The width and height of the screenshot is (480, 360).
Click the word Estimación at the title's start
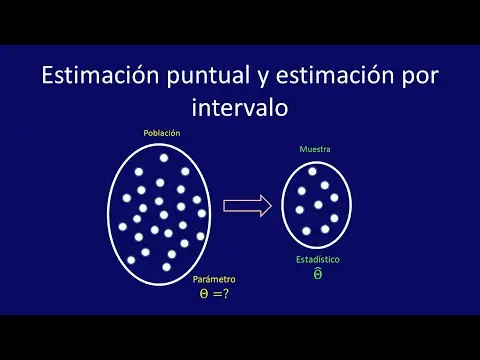point(100,75)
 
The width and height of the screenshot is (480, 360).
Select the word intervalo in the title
point(240,107)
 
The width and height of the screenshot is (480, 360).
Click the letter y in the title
point(263,79)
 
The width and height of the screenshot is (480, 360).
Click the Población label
point(162,133)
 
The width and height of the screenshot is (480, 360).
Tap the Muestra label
point(315,149)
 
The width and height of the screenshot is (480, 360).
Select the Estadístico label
point(318,259)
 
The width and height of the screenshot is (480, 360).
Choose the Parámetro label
point(214,279)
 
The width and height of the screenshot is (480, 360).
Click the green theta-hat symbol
point(318,274)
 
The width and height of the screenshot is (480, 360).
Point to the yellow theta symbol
point(204,293)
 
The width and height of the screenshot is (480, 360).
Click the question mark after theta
point(226,293)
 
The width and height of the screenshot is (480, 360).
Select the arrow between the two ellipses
point(247,206)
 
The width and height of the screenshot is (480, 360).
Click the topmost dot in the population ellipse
point(164,158)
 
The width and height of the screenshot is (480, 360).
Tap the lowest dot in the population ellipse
point(166,267)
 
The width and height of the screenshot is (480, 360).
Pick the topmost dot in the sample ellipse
point(312,171)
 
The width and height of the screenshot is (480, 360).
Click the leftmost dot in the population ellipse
point(123,227)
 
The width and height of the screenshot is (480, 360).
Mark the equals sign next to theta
point(217,294)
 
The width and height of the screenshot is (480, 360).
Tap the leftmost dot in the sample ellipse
point(300,210)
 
